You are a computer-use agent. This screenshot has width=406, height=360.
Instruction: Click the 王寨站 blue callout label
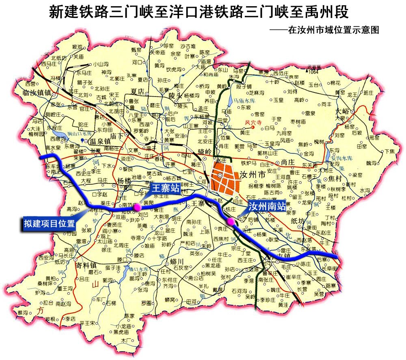click(165, 188)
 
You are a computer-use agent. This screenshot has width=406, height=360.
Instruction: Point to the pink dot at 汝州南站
click(231, 221)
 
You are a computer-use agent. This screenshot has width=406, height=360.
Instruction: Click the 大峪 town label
click(343, 110)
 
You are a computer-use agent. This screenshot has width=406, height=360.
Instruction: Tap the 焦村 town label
click(337, 178)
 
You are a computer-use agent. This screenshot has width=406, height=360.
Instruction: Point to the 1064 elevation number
click(313, 72)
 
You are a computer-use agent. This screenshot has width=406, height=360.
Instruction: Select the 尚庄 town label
click(287, 162)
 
